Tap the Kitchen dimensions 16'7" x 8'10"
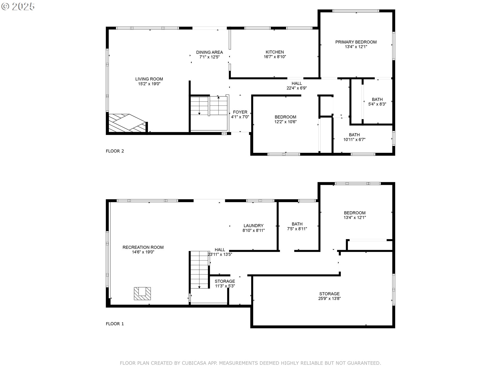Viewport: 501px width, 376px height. pos(275,57)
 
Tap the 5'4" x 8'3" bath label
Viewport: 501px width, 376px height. pos(377,102)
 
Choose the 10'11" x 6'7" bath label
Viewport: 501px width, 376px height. pos(354,137)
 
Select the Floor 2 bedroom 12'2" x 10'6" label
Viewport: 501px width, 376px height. pos(285,119)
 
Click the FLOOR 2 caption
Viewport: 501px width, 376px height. pos(115,151)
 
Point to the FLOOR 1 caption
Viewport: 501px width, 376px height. pos(115,324)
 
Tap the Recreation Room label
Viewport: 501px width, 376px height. pos(143,250)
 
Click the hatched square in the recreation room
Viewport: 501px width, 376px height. pos(142,293)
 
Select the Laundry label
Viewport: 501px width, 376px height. pos(253,228)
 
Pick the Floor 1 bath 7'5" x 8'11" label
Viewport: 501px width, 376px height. pos(297,226)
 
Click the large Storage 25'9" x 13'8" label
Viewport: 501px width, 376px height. pos(329,296)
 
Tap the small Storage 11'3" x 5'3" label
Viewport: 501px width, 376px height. pos(225,284)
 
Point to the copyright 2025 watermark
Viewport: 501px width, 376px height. pos(18,7)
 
